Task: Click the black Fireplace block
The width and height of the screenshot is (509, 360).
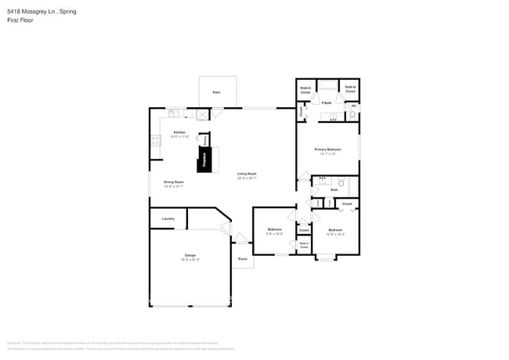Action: pos(205,159)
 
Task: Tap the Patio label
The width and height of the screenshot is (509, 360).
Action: pos(216,92)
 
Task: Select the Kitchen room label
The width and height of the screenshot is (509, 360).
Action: pos(179,132)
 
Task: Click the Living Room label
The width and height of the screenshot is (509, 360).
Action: pos(247,174)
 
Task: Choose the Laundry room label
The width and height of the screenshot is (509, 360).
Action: pos(168,218)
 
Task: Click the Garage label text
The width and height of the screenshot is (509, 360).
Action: pos(190,255)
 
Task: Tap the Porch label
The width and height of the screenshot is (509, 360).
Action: pos(242,258)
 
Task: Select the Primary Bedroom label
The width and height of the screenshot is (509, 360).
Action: pos(327,149)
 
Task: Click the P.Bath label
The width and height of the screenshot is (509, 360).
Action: pos(326,103)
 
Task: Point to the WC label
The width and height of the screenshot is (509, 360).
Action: pos(353,106)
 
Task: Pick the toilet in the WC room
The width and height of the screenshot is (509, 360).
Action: pos(352,116)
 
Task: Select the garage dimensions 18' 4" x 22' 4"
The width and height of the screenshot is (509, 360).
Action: pos(190,260)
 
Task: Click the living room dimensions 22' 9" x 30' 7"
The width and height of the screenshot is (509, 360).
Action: pos(247,178)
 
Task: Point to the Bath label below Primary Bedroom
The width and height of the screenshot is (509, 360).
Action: pos(334,189)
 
